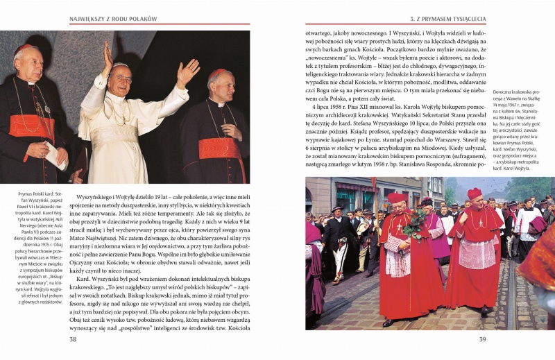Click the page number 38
(73, 339)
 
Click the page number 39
(482, 339)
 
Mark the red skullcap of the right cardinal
(217, 72)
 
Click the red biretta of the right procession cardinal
(475, 194)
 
